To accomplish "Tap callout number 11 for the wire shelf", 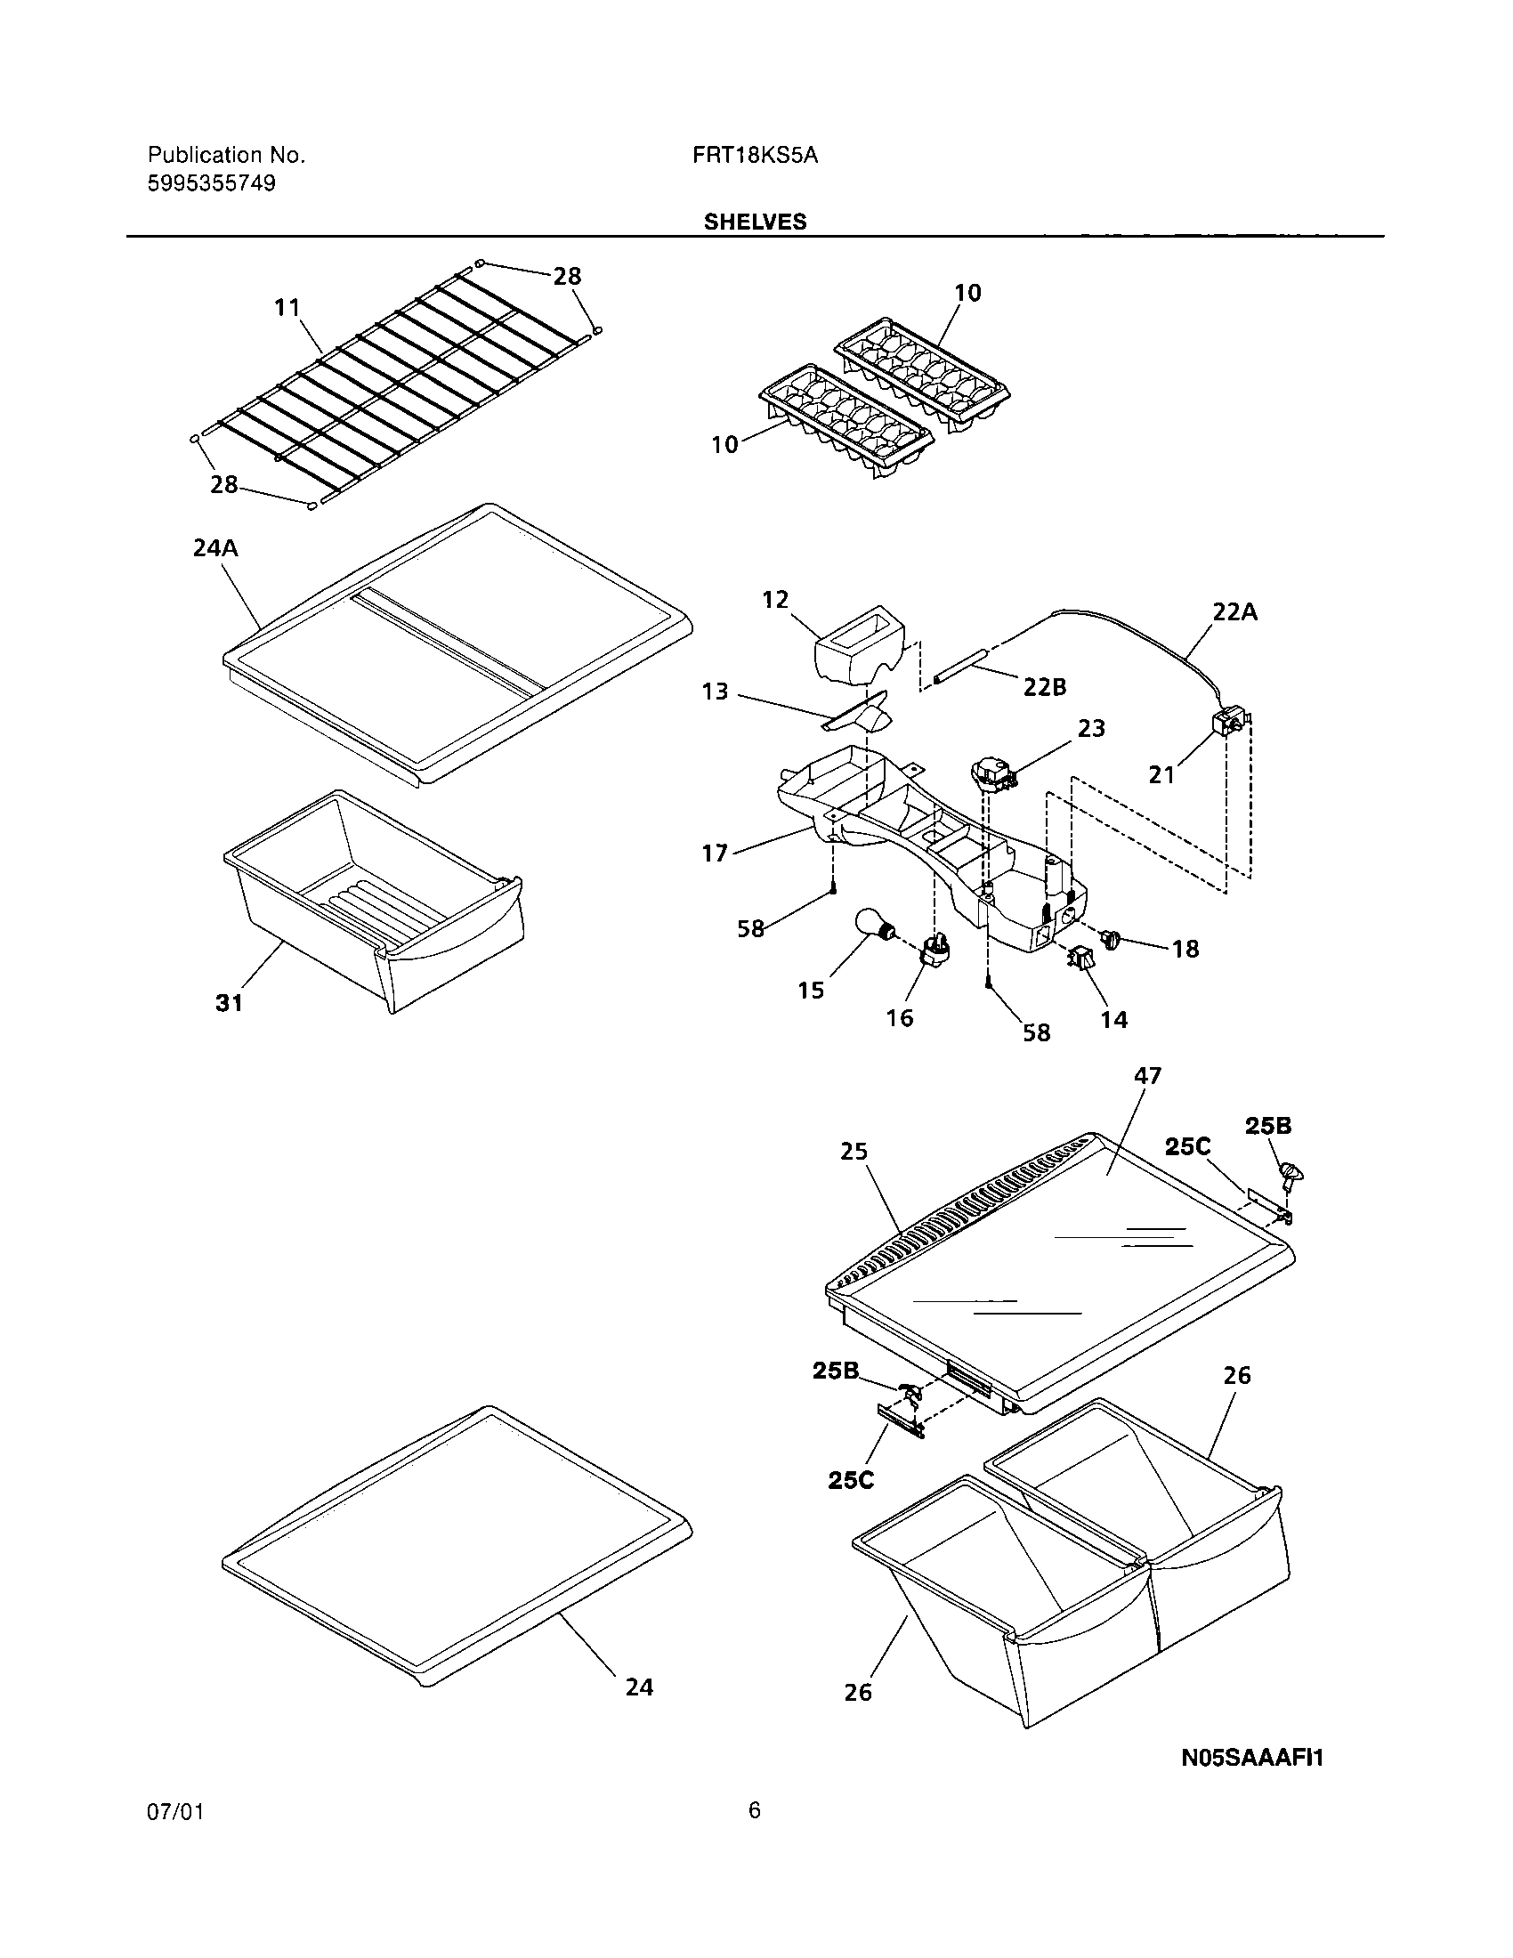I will point(287,308).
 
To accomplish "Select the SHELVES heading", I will point(755,222).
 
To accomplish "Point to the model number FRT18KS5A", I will point(755,155).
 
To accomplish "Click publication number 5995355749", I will point(212,184).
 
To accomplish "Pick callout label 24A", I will point(215,546).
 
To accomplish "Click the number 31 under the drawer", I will point(230,1003).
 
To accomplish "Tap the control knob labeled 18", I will point(1112,940).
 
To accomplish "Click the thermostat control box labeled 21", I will point(1226,722).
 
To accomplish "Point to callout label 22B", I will point(1045,687).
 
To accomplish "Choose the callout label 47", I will point(1147,1075).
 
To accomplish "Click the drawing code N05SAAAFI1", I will point(1251,1758).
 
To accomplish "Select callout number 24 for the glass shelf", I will point(639,1687).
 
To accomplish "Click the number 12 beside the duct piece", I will point(775,599).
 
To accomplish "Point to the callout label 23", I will point(1091,728).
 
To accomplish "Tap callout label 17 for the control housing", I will point(715,853).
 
